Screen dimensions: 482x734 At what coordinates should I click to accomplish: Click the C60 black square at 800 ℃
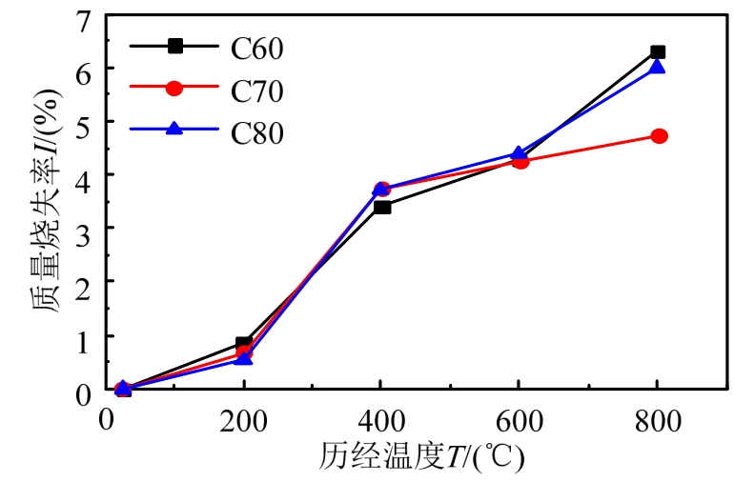(x=657, y=51)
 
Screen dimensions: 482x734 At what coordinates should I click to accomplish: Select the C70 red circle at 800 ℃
(x=657, y=136)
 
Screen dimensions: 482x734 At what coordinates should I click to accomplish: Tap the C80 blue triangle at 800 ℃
(x=657, y=67)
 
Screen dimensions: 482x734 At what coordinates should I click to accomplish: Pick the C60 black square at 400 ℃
(x=382, y=207)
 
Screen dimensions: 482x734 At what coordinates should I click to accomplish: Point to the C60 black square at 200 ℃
(x=244, y=343)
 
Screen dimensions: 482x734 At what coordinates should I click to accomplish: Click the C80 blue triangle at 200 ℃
(x=244, y=358)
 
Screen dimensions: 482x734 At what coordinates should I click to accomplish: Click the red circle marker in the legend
(x=174, y=89)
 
